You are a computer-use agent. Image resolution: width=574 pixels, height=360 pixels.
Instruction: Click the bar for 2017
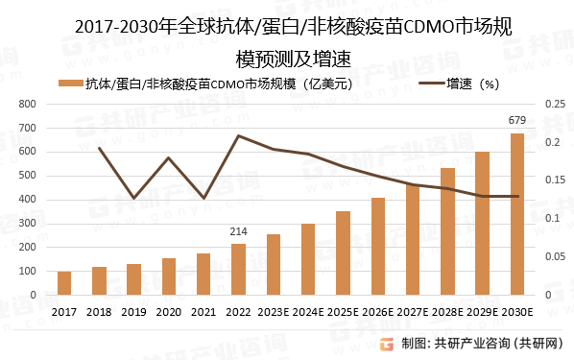[64, 283]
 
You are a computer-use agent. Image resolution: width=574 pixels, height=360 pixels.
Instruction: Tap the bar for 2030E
[517, 214]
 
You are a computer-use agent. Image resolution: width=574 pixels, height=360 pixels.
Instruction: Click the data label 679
[517, 120]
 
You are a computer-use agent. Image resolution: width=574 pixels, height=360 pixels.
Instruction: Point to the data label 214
[238, 231]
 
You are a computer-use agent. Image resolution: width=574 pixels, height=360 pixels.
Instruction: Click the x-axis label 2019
[133, 312]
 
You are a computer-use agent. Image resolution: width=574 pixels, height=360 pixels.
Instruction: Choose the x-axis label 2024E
[308, 312]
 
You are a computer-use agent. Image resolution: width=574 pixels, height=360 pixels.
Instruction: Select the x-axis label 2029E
[483, 312]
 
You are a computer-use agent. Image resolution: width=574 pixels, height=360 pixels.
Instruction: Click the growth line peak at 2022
[238, 136]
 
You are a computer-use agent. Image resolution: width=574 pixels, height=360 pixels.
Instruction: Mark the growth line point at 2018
[99, 148]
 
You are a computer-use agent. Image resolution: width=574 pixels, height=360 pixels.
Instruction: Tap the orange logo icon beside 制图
[387, 345]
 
